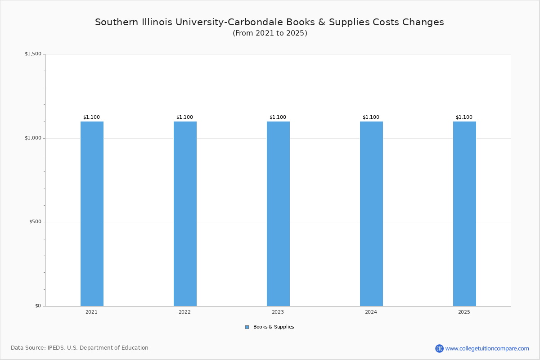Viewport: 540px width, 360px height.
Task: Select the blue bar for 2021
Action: [92, 214]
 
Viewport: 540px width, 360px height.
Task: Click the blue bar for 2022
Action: [185, 214]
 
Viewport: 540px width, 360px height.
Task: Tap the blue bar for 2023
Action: [278, 214]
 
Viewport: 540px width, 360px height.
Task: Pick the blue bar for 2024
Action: [372, 214]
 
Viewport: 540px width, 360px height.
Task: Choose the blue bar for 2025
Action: [464, 214]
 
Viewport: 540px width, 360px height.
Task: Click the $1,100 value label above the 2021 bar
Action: [92, 117]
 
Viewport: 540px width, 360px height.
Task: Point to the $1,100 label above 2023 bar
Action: [278, 117]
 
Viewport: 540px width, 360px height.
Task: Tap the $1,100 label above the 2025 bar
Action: [464, 117]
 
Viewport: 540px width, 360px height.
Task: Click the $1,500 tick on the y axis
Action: [33, 54]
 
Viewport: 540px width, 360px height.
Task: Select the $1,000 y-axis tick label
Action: [33, 138]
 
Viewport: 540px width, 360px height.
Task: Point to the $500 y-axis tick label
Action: [35, 222]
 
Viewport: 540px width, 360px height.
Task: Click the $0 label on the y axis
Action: [38, 306]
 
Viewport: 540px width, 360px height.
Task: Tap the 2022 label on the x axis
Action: [184, 312]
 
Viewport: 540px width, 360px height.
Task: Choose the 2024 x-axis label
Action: [371, 312]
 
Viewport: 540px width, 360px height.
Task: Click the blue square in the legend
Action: [247, 327]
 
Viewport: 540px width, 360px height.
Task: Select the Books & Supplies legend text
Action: [274, 327]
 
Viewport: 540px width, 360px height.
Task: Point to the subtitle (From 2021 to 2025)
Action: [270, 33]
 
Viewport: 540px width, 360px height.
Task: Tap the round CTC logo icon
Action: [439, 348]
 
